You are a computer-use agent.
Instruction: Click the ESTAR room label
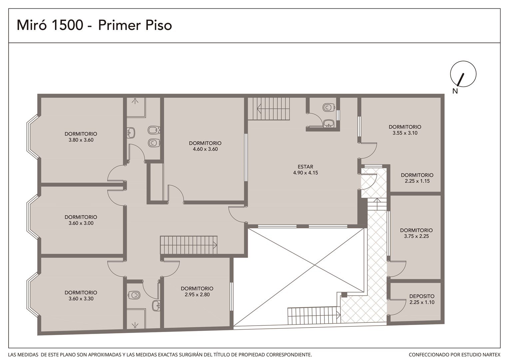305,167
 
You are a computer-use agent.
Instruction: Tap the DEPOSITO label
422,296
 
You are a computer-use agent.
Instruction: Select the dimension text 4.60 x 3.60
205,149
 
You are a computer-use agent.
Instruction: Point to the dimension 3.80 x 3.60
81,140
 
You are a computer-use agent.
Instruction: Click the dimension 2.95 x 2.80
197,295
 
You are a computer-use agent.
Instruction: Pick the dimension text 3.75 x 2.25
416,236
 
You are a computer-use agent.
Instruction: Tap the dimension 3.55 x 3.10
405,133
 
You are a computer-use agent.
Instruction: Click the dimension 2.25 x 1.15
417,181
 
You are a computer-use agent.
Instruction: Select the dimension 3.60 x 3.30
81,299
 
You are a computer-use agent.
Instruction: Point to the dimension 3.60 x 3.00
81,223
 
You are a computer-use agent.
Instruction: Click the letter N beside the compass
455,91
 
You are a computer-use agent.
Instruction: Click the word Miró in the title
32,25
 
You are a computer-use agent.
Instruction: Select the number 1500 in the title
68,25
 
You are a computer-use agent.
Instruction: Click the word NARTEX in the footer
492,355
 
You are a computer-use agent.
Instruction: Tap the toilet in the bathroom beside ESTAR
328,107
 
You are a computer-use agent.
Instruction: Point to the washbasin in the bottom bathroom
157,305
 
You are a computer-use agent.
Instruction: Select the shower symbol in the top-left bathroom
135,101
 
